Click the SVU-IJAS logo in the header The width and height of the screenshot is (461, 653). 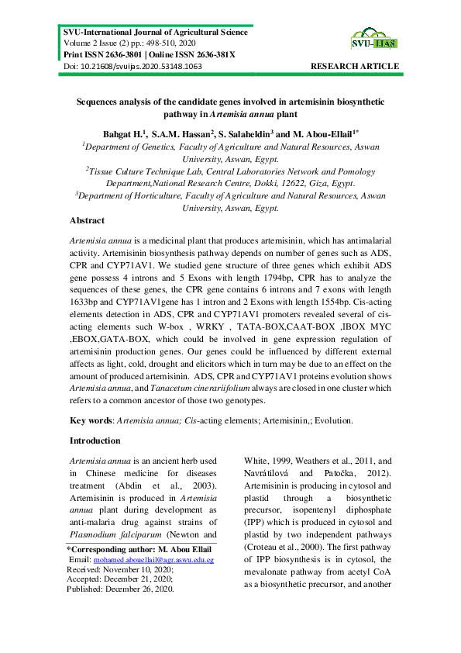(x=376, y=39)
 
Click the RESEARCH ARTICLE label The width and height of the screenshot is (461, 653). (x=355, y=67)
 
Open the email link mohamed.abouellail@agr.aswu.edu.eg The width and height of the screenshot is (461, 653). (x=153, y=558)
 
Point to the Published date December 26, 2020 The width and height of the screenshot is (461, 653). (x=146, y=588)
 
